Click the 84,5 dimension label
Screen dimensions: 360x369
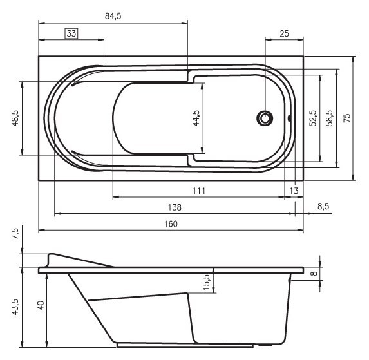click(x=113, y=16)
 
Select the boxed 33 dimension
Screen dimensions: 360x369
click(x=71, y=33)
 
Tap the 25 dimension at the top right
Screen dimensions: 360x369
click(x=283, y=33)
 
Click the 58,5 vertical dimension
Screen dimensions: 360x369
click(x=329, y=118)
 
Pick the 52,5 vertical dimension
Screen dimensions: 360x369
click(x=313, y=118)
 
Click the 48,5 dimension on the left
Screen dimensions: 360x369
click(x=15, y=118)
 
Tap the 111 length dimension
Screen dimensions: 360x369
click(x=199, y=191)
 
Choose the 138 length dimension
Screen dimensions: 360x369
click(x=174, y=207)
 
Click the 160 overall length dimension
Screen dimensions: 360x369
click(x=171, y=223)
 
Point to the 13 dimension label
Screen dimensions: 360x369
click(x=294, y=191)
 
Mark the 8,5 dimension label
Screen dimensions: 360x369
click(x=323, y=207)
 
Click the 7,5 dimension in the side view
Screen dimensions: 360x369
click(x=15, y=234)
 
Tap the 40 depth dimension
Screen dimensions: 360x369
click(x=40, y=306)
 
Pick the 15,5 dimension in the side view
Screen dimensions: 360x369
click(x=206, y=281)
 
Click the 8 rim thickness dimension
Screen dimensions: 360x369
click(x=314, y=273)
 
